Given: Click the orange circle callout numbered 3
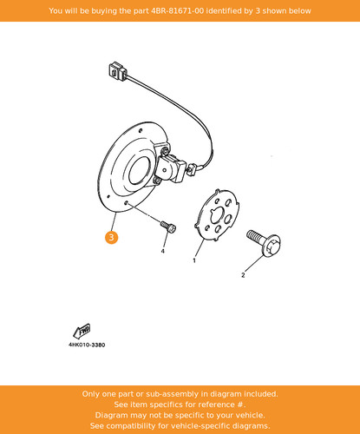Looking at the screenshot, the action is pos(111,238).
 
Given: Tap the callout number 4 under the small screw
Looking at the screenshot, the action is pos(163,251).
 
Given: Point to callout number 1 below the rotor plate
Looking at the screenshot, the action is pos(194,260).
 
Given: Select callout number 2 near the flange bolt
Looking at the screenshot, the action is pos(243,275).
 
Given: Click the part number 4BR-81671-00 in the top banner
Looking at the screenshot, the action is pos(177,11).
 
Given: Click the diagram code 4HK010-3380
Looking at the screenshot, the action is pos(87,345).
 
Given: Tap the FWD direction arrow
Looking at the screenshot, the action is pos(82,331).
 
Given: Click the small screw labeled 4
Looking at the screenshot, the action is pos(168,227).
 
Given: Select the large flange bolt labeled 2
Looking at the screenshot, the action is pos(264,241).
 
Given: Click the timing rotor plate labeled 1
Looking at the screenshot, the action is pos(217,215).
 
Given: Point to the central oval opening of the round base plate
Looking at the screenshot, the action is pos(140,171).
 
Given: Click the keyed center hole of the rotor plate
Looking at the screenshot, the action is pos(216,216).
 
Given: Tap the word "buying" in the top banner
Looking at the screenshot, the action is pos(101,11).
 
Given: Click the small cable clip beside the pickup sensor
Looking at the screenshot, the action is pos(192,169).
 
